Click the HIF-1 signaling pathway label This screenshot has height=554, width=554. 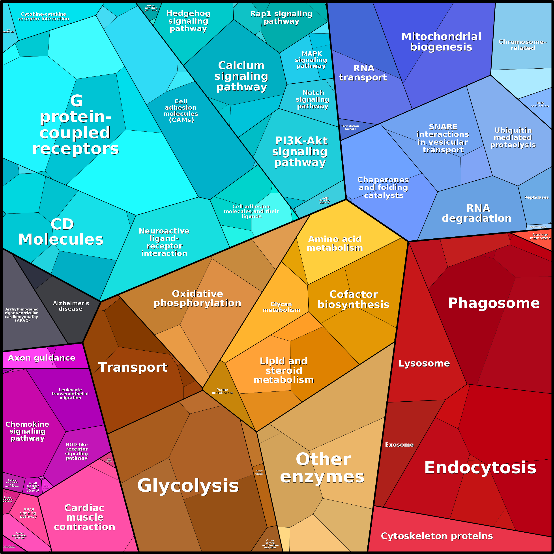[151, 8]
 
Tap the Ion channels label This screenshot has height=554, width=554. [8, 31]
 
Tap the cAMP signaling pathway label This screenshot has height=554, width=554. [325, 200]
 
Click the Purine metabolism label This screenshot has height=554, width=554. [222, 391]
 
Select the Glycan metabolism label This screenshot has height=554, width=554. [281, 307]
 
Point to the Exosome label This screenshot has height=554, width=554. [399, 444]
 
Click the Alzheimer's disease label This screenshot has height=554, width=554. [71, 306]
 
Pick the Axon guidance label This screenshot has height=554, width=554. [42, 358]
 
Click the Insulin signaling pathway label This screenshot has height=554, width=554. [8, 499]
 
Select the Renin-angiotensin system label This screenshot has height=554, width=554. [19, 535]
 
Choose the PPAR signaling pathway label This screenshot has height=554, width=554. [28, 513]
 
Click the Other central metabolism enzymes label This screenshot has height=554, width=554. [270, 544]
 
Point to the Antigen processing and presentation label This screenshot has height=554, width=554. [12, 483]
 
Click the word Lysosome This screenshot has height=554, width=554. [424, 363]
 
